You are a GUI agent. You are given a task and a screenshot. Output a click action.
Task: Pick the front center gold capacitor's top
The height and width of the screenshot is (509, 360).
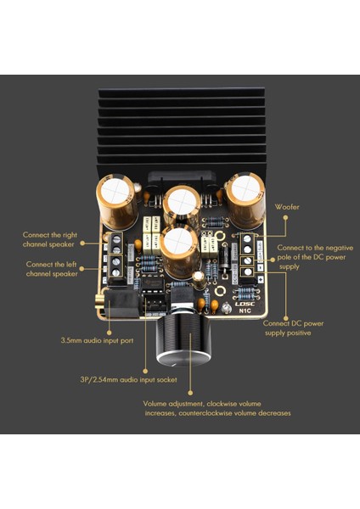tap(180, 241)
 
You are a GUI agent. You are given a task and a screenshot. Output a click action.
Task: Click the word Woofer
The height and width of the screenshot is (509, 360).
tap(288, 206)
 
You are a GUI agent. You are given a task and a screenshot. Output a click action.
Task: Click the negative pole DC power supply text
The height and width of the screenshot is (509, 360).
tap(312, 256)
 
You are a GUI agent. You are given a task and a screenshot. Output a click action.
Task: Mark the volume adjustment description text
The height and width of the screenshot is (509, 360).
tap(217, 408)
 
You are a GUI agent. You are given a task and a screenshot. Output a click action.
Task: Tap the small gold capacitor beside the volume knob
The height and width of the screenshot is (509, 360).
tap(197, 277)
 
